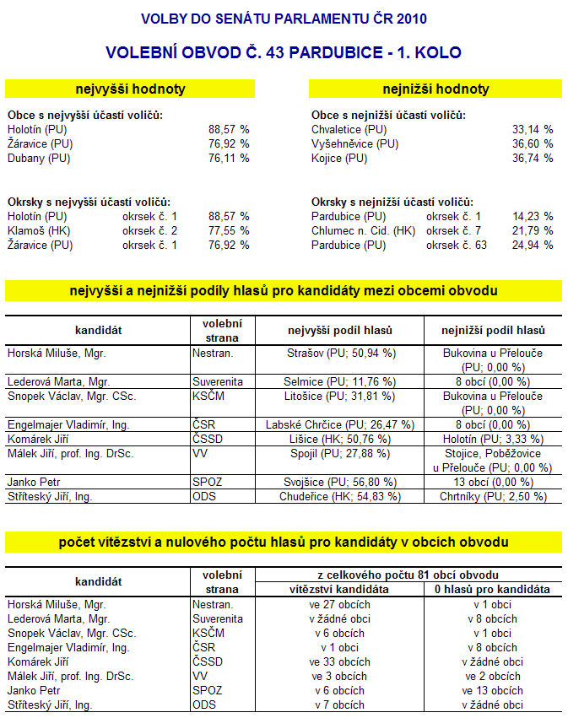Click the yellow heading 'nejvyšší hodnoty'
[x=130, y=89]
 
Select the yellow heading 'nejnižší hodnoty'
[x=435, y=89]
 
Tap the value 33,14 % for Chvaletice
[x=532, y=130]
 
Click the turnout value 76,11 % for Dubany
[x=229, y=159]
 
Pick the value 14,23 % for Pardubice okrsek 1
[x=532, y=216]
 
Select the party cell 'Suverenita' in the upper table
[x=218, y=381]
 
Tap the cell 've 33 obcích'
[x=339, y=661]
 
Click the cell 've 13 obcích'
[x=493, y=690]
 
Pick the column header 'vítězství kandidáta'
[x=339, y=589]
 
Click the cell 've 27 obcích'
[x=339, y=604]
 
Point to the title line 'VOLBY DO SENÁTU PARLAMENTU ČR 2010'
[x=284, y=19]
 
